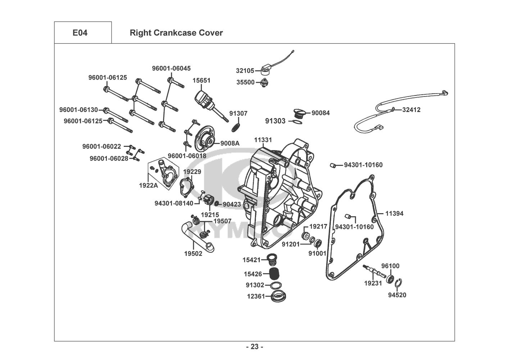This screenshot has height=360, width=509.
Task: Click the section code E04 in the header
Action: click(x=80, y=33)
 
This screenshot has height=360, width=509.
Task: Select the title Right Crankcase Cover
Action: click(x=176, y=33)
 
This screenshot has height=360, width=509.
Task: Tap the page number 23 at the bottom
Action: click(x=254, y=347)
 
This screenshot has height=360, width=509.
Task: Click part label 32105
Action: click(x=245, y=71)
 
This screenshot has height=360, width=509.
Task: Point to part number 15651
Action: click(x=201, y=81)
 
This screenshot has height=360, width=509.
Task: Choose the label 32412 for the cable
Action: click(x=411, y=110)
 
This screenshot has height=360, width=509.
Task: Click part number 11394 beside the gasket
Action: click(x=394, y=213)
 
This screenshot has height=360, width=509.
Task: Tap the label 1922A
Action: click(x=148, y=186)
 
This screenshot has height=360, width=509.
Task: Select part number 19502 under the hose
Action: click(x=193, y=253)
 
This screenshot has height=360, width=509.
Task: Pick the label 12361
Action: click(x=255, y=297)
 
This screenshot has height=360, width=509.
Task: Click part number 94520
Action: click(x=397, y=295)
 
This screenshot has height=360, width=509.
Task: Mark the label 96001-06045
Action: click(x=171, y=68)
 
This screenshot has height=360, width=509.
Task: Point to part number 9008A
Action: click(x=230, y=143)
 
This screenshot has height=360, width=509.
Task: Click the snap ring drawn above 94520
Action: click(x=399, y=283)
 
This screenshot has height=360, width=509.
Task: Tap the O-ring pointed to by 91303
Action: click(x=295, y=122)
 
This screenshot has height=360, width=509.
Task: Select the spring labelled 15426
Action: click(x=275, y=274)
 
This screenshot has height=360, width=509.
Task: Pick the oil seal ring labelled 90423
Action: click(x=216, y=204)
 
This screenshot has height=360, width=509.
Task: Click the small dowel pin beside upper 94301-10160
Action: click(x=333, y=165)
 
